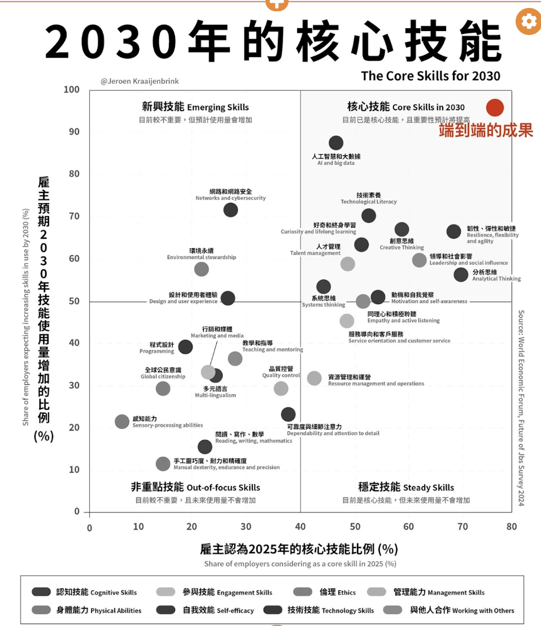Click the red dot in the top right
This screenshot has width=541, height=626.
point(494,107)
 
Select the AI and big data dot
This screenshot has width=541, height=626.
point(336,143)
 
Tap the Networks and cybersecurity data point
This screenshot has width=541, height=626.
point(230,210)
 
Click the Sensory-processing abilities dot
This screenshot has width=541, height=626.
point(122,421)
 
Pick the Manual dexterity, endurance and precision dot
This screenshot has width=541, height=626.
point(163,463)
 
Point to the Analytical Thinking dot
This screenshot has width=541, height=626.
point(461,275)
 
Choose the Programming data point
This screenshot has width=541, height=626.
point(185,347)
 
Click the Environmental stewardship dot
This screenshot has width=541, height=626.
point(202,269)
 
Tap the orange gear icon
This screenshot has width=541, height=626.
point(528,21)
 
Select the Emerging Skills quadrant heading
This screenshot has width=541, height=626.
point(195,107)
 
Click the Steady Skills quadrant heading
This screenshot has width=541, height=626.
point(405,487)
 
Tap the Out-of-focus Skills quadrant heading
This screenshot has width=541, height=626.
point(195,487)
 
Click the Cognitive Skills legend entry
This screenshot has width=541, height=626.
point(85,592)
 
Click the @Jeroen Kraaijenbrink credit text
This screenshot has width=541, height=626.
point(139,81)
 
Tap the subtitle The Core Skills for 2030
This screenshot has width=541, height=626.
point(430,75)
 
